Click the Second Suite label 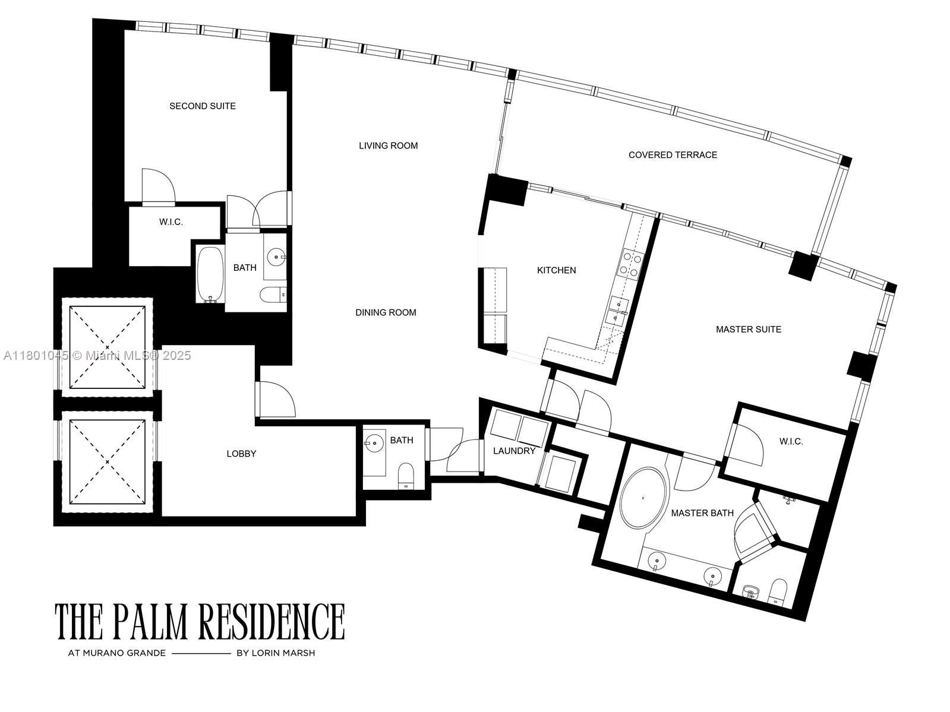point(203,106)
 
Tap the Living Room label point(388,145)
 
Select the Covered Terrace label point(673,155)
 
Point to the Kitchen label point(556,270)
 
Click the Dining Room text point(386,312)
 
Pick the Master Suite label point(748,329)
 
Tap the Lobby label point(241,454)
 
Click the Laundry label point(514,451)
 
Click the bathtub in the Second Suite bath point(210,274)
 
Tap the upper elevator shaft point(108,346)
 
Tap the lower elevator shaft point(108,461)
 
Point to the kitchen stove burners point(630,265)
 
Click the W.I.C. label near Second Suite point(171,222)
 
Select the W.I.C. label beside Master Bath point(791,441)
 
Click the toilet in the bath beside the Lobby point(406,476)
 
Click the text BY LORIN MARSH point(276,653)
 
